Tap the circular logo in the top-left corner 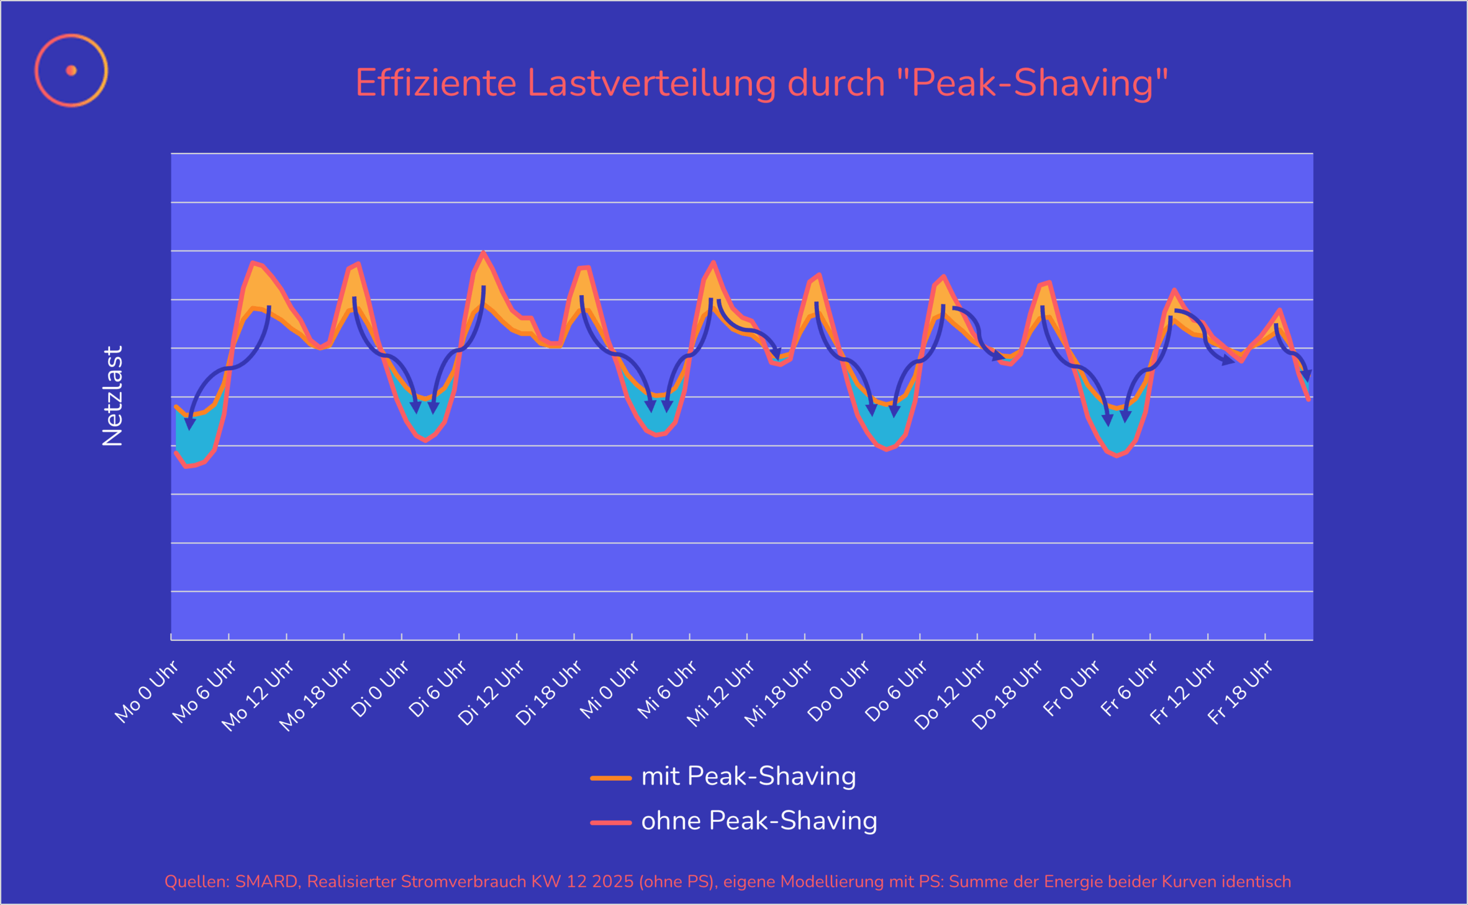pos(71,70)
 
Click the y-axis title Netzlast pos(112,395)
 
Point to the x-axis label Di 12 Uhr pos(491,692)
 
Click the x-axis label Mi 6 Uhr pos(667,689)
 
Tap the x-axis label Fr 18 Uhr pos(1240,692)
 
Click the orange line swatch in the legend pos(611,778)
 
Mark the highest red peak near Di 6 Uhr pos(483,253)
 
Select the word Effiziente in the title pos(435,83)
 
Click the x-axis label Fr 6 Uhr pos(1129,688)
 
